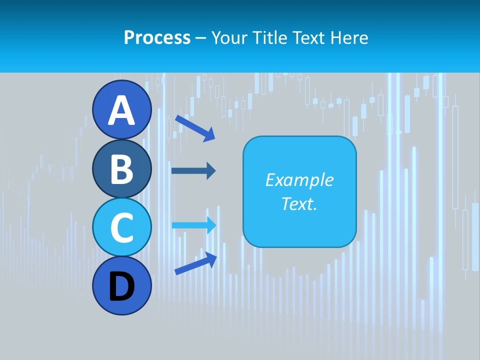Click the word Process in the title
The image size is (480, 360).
point(157,38)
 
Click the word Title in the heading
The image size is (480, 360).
point(268,38)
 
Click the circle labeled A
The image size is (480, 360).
point(121,109)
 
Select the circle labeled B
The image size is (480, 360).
point(121,168)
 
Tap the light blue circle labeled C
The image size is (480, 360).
point(121,227)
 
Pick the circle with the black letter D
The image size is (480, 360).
point(121,285)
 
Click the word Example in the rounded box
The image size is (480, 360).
point(299,180)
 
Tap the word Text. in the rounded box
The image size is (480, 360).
point(299,204)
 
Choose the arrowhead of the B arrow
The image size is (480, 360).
point(210,170)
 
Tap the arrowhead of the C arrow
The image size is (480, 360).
point(211,225)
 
